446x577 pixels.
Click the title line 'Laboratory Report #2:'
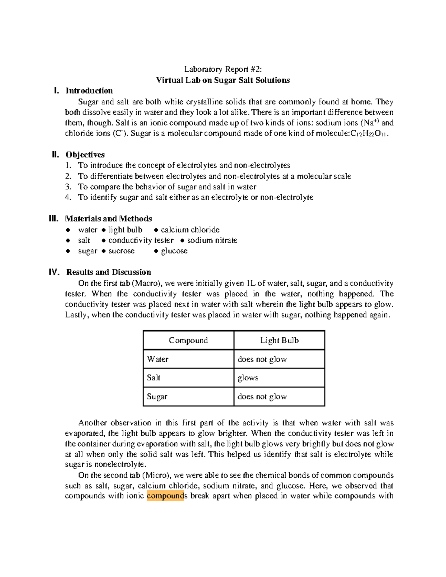(x=223, y=69)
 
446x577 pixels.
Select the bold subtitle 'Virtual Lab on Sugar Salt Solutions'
(x=223, y=80)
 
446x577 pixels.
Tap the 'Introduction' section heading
(x=89, y=91)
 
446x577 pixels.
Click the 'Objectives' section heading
(x=85, y=155)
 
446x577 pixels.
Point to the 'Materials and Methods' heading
(x=109, y=218)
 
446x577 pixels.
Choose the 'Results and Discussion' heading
(x=109, y=272)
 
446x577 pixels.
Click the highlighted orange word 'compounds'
(x=165, y=496)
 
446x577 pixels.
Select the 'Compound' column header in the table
(x=188, y=340)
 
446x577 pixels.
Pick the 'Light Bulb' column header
(x=279, y=340)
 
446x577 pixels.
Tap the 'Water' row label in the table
(x=158, y=359)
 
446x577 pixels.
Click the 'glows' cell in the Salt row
(x=248, y=378)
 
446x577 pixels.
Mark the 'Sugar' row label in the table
(x=157, y=396)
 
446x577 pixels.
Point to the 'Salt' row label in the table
(x=153, y=378)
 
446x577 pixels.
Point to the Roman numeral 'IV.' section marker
(x=54, y=272)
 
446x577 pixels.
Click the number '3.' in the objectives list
(x=68, y=187)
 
